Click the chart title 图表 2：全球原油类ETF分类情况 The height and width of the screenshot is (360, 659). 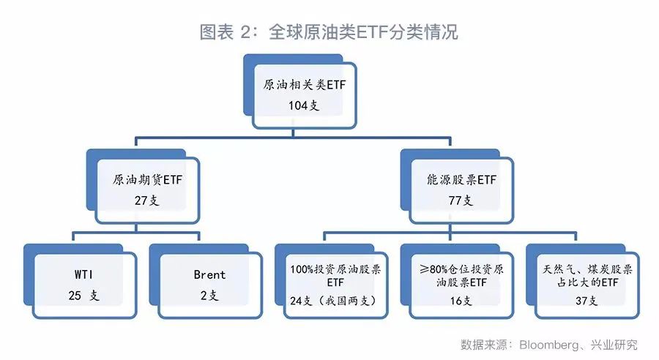coord(329,32)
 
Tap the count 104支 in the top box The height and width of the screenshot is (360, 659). coord(304,105)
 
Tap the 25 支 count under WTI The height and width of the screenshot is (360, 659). coord(83,296)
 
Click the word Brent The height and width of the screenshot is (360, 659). coord(209,275)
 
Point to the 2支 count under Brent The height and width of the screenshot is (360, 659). coord(209,296)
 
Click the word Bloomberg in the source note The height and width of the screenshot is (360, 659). coord(548,345)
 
